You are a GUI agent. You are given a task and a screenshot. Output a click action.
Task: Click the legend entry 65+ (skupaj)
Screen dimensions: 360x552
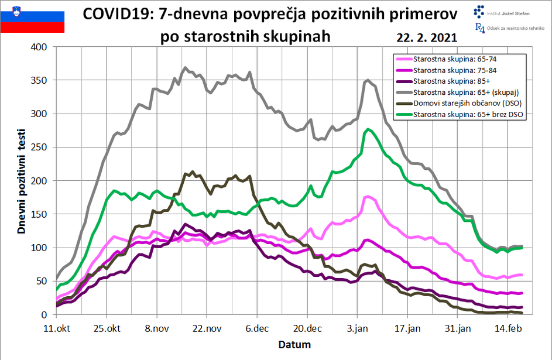[x=466, y=92]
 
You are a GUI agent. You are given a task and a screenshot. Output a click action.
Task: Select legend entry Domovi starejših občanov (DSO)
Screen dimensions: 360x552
[x=465, y=104]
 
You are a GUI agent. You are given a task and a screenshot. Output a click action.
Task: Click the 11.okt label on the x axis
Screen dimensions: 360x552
[x=57, y=328]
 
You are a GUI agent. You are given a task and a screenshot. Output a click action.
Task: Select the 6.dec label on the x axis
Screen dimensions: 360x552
[x=256, y=328]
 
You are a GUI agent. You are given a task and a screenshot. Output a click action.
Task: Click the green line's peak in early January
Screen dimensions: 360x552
[x=368, y=129]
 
